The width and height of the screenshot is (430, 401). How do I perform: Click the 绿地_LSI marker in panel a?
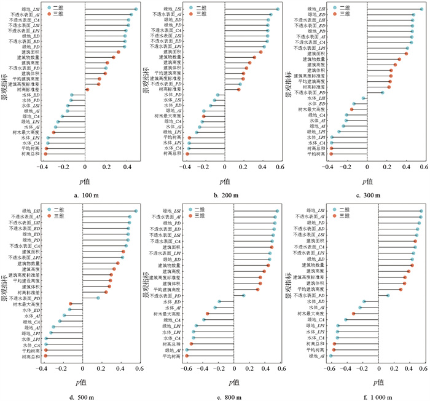(136, 9)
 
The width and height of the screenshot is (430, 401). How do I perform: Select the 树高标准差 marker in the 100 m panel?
(88, 89)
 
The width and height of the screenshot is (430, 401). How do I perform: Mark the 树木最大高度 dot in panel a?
(53, 132)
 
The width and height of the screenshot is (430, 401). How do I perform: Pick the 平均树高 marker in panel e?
(187, 356)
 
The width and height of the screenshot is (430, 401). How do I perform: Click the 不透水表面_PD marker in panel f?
(388, 296)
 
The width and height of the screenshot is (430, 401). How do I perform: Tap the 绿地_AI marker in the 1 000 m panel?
(330, 355)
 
